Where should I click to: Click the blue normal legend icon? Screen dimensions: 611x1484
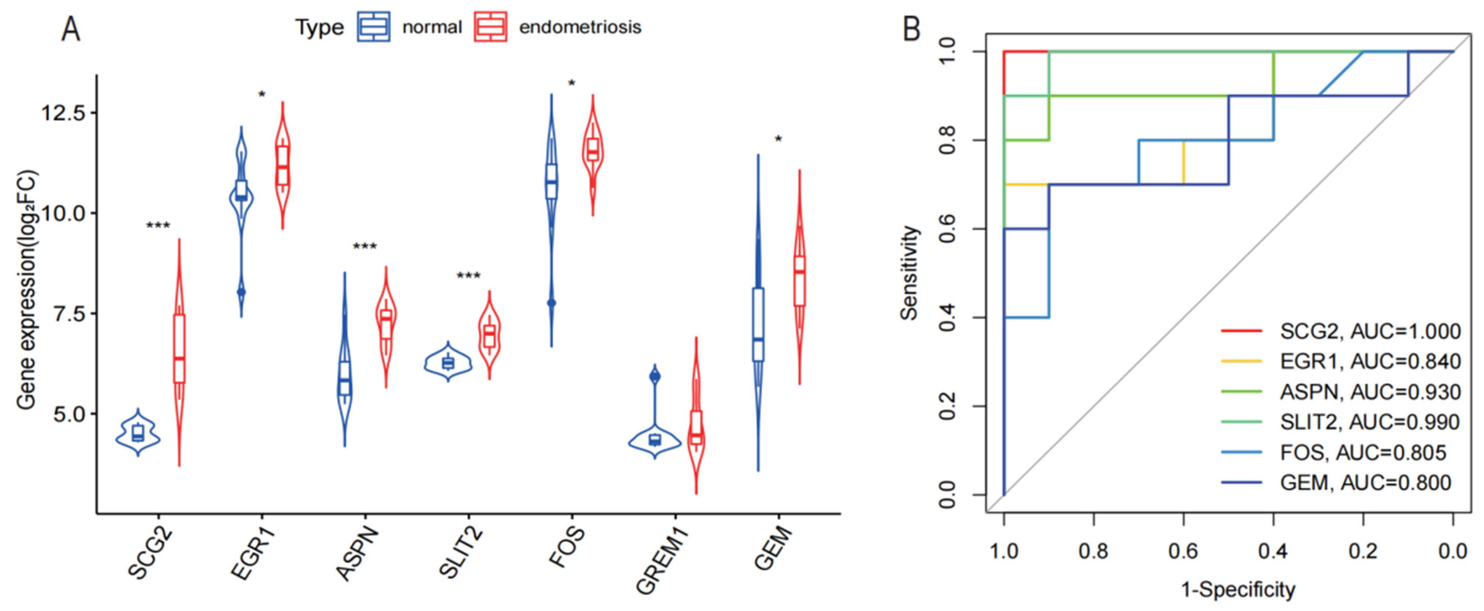point(373,27)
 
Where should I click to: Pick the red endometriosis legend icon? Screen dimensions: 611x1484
point(490,27)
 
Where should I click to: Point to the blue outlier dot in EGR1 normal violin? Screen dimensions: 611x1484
point(241,292)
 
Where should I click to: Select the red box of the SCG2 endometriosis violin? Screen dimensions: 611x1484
point(179,348)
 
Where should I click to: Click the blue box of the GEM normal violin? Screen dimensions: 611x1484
point(758,325)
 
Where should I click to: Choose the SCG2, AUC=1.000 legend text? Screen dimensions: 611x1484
point(1370,332)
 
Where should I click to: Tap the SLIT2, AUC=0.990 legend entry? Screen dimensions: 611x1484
point(1369,422)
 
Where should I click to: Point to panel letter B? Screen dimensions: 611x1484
point(911,29)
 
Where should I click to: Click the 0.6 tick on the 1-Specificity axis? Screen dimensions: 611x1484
point(1183,552)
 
